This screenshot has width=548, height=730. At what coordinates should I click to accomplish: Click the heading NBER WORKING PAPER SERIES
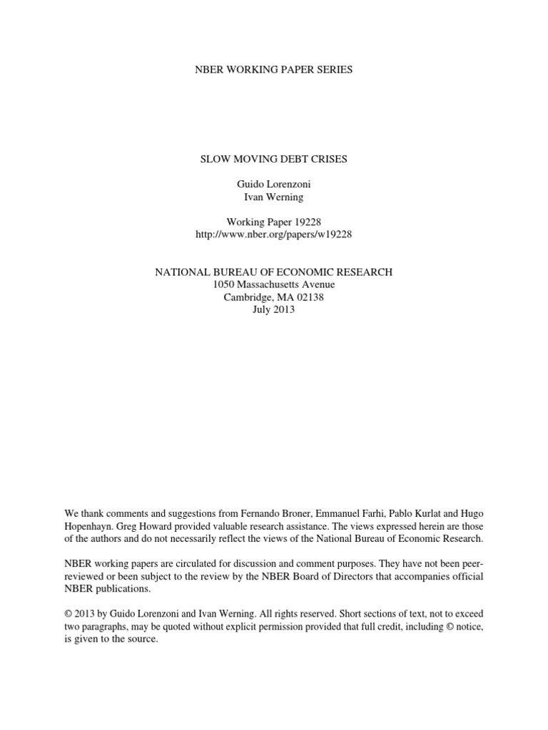pos(273,70)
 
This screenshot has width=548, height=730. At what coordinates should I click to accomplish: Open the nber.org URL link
pos(273,234)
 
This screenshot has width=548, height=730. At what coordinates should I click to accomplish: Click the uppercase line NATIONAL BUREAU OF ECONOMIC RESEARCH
pos(273,272)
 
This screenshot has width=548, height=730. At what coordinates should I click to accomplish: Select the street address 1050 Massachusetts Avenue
pos(273,285)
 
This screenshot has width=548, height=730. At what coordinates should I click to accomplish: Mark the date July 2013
pos(273,310)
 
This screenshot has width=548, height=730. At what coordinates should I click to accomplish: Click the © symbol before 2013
pos(68,614)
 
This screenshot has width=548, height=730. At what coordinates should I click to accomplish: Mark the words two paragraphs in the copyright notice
pos(95,627)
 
